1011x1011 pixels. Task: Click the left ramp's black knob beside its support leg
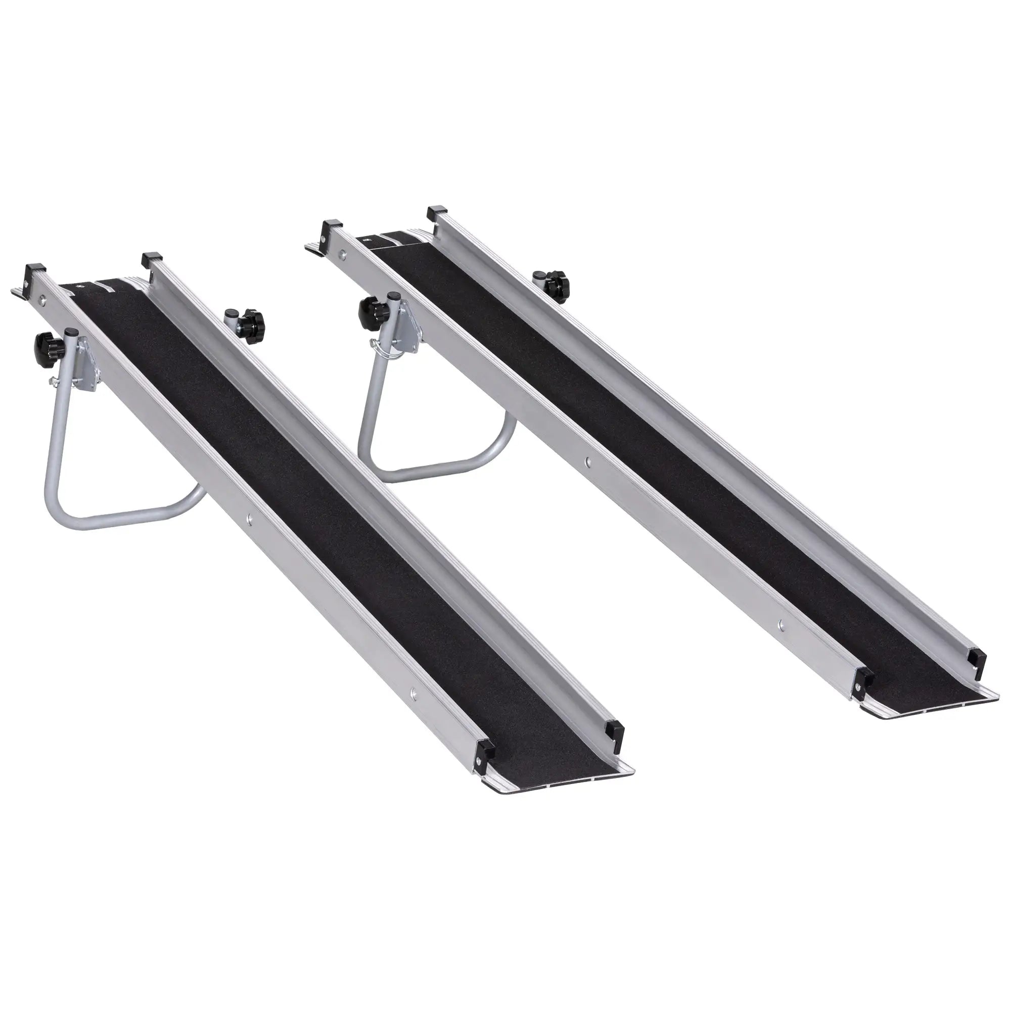coord(46,343)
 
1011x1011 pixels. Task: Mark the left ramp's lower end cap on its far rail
coord(614,730)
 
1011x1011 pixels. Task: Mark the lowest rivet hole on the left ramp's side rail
coord(414,693)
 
